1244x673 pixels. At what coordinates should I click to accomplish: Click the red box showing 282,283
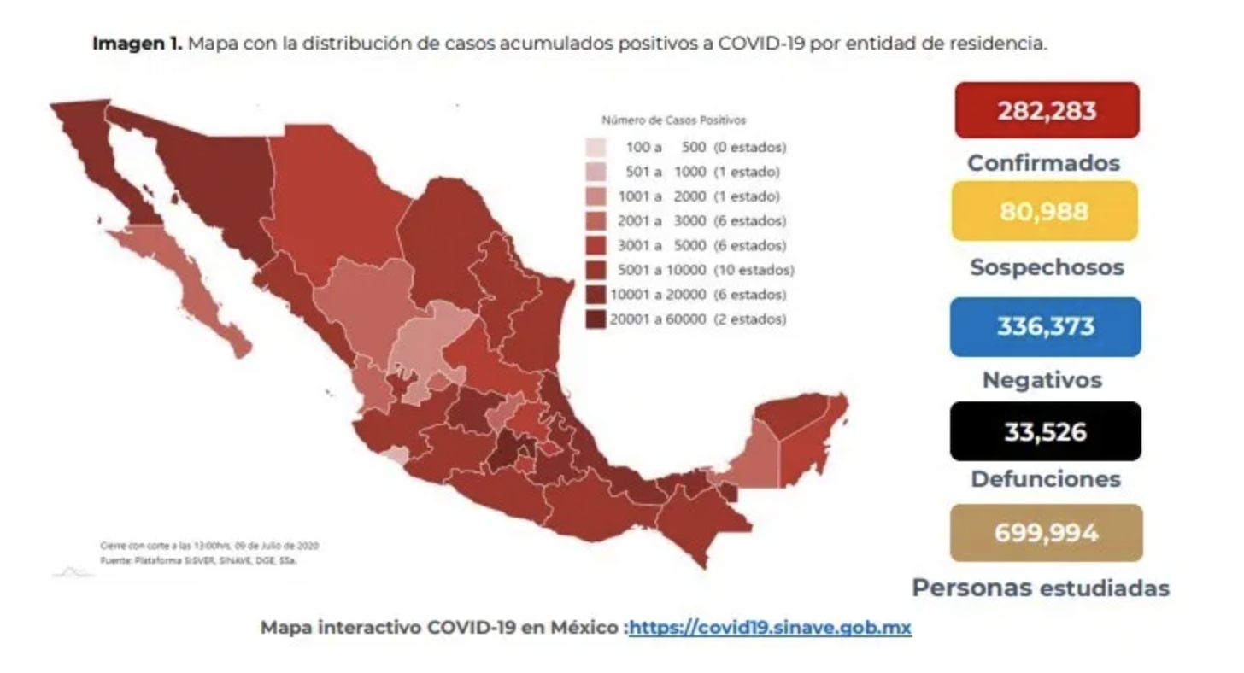[x=1047, y=110]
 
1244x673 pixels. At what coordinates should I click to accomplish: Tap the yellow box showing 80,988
[x=1044, y=211]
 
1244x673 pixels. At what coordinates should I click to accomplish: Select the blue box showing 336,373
[x=1045, y=327]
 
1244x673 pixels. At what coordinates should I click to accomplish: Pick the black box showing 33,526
[x=1045, y=431]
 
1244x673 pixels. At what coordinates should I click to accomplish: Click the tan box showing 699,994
[x=1045, y=533]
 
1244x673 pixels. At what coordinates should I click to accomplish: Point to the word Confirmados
[x=1043, y=162]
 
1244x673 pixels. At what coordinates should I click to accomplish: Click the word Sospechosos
[x=1046, y=267]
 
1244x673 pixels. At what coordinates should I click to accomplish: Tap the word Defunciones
[x=1045, y=478]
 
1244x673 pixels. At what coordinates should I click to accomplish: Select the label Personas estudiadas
[x=1040, y=588]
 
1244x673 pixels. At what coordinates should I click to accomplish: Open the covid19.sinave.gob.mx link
[x=770, y=628]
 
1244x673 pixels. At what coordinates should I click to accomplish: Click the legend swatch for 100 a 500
[x=596, y=147]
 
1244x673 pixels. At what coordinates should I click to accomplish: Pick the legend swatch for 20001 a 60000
[x=596, y=319]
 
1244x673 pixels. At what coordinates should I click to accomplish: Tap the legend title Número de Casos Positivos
[x=673, y=120]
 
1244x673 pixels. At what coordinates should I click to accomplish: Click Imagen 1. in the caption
[x=137, y=44]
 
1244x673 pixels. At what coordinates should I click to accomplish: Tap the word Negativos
[x=1042, y=379]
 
